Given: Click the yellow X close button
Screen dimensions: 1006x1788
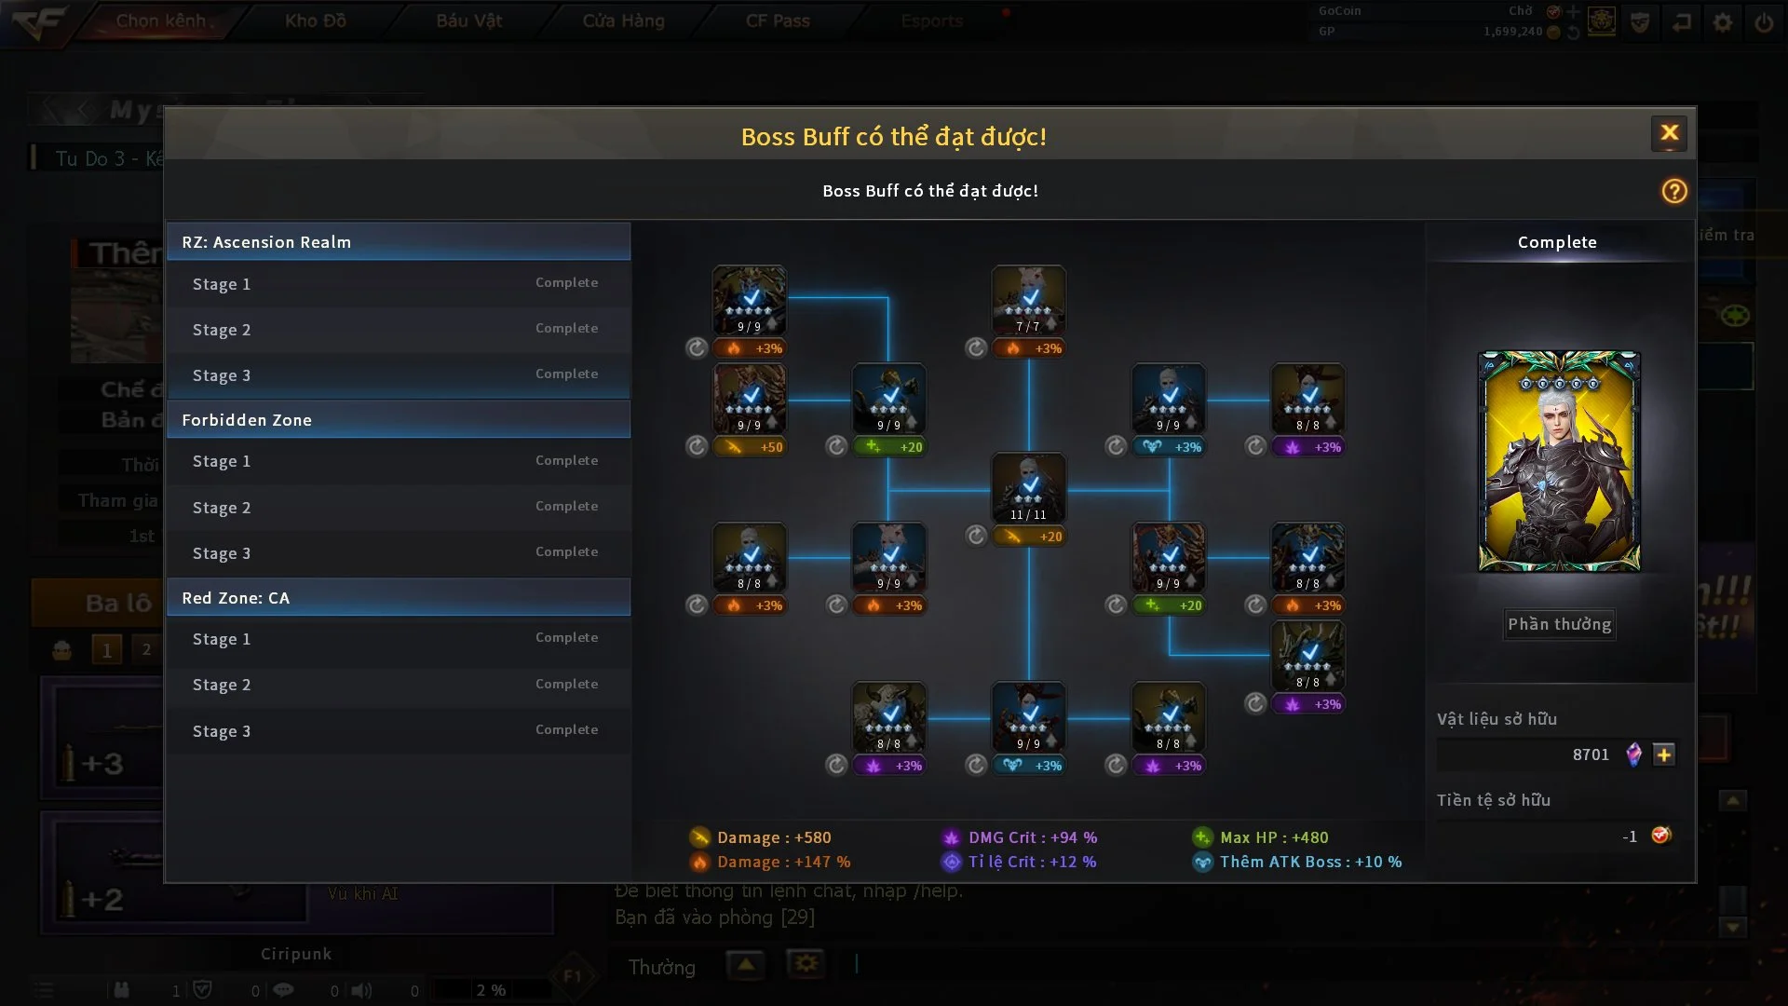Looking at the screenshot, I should point(1669,133).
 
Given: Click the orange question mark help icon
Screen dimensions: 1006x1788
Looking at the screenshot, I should point(1673,191).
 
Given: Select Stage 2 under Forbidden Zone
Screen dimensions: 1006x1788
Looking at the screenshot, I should point(399,508).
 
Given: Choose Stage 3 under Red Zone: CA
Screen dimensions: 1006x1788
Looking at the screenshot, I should point(399,731).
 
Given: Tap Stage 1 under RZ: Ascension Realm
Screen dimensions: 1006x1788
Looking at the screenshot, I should point(399,284).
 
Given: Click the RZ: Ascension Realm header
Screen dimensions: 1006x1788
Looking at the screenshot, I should point(399,242).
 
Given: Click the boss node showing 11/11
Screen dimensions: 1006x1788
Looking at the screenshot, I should point(1028,487).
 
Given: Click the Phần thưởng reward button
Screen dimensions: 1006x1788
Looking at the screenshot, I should point(1559,624).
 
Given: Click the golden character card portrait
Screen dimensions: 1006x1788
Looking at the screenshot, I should point(1559,461).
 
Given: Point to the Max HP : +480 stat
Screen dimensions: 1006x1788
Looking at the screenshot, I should point(1273,837).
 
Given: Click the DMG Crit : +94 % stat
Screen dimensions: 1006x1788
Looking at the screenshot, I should point(1032,837).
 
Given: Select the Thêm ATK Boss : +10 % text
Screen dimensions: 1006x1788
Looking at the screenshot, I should point(1309,862).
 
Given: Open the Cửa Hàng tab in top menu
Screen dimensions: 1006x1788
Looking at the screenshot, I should point(623,20).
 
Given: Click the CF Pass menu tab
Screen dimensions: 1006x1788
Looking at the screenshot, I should point(778,20).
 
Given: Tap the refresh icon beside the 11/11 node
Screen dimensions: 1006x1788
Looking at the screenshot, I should point(975,536).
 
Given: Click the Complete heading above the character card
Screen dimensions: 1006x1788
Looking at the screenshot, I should point(1557,242).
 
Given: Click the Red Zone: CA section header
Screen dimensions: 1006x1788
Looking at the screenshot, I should point(399,598).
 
